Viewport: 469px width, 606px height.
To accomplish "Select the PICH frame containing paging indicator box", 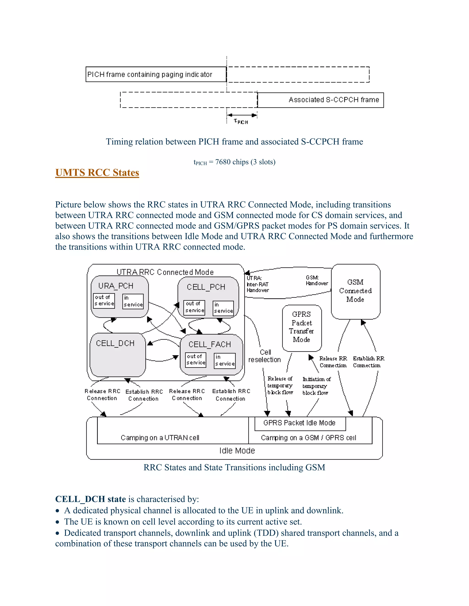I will coord(156,74).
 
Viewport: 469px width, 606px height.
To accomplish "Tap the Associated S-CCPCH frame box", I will coord(320,100).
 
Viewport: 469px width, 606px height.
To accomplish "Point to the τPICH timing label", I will coord(241,121).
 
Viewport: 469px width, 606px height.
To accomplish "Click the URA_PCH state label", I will coord(116,286).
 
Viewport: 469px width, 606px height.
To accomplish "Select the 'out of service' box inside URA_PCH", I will coord(104,300).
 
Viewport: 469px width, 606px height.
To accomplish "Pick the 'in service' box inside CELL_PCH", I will coord(223,308).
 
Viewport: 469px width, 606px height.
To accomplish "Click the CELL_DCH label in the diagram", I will coord(115,343).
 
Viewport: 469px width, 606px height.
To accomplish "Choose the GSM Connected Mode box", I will coord(355,291).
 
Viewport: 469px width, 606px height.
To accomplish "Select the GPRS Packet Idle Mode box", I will coord(300,423).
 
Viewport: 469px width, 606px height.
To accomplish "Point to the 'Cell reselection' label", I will coord(265,356).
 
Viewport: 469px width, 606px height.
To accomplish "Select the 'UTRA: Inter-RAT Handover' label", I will coord(258,284).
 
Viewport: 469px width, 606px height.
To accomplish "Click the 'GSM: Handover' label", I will coord(317,281).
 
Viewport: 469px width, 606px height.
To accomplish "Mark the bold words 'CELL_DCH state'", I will coord(91,499).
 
